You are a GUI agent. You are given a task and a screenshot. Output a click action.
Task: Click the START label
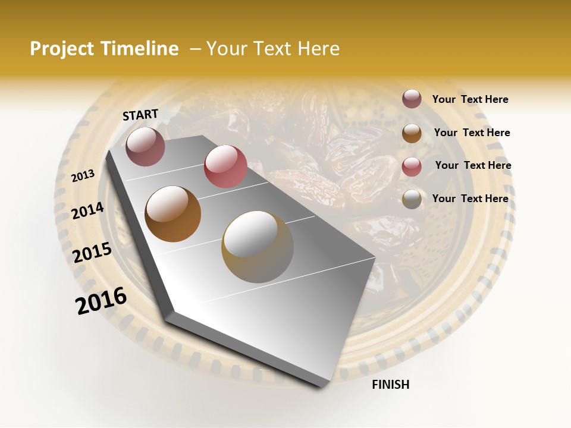pyautogui.click(x=140, y=115)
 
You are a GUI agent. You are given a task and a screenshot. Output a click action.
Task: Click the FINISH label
pyautogui.click(x=391, y=385)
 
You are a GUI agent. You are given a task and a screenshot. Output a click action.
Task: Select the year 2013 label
pyautogui.click(x=83, y=176)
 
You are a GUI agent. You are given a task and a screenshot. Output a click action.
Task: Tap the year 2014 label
pyautogui.click(x=88, y=210)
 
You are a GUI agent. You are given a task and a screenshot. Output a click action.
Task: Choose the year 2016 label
pyautogui.click(x=101, y=301)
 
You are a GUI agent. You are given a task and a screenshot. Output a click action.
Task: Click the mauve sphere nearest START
pyautogui.click(x=145, y=146)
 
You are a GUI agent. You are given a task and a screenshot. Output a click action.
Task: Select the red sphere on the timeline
pyautogui.click(x=225, y=166)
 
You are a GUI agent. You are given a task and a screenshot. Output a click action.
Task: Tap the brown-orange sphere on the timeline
pyautogui.click(x=173, y=214)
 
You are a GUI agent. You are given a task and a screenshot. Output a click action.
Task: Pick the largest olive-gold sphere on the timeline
pyautogui.click(x=258, y=247)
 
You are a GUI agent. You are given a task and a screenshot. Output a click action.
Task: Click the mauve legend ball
pyautogui.click(x=412, y=99)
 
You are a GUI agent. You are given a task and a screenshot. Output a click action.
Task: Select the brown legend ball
pyautogui.click(x=412, y=133)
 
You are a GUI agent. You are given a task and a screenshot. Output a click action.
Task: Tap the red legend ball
pyautogui.click(x=412, y=166)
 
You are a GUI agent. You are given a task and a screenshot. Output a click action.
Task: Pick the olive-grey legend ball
pyautogui.click(x=412, y=199)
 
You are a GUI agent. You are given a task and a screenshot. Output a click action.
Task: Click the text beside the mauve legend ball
pyautogui.click(x=470, y=100)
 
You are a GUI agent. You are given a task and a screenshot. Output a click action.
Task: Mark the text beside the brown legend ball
pyautogui.click(x=472, y=133)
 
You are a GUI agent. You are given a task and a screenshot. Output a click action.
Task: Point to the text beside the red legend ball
pyautogui.click(x=473, y=165)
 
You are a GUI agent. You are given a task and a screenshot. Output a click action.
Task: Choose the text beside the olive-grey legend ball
pyautogui.click(x=470, y=199)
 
